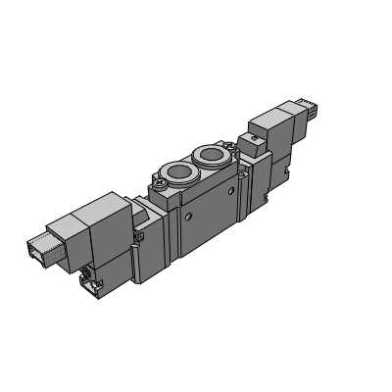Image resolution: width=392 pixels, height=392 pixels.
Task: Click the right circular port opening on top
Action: (210, 155)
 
